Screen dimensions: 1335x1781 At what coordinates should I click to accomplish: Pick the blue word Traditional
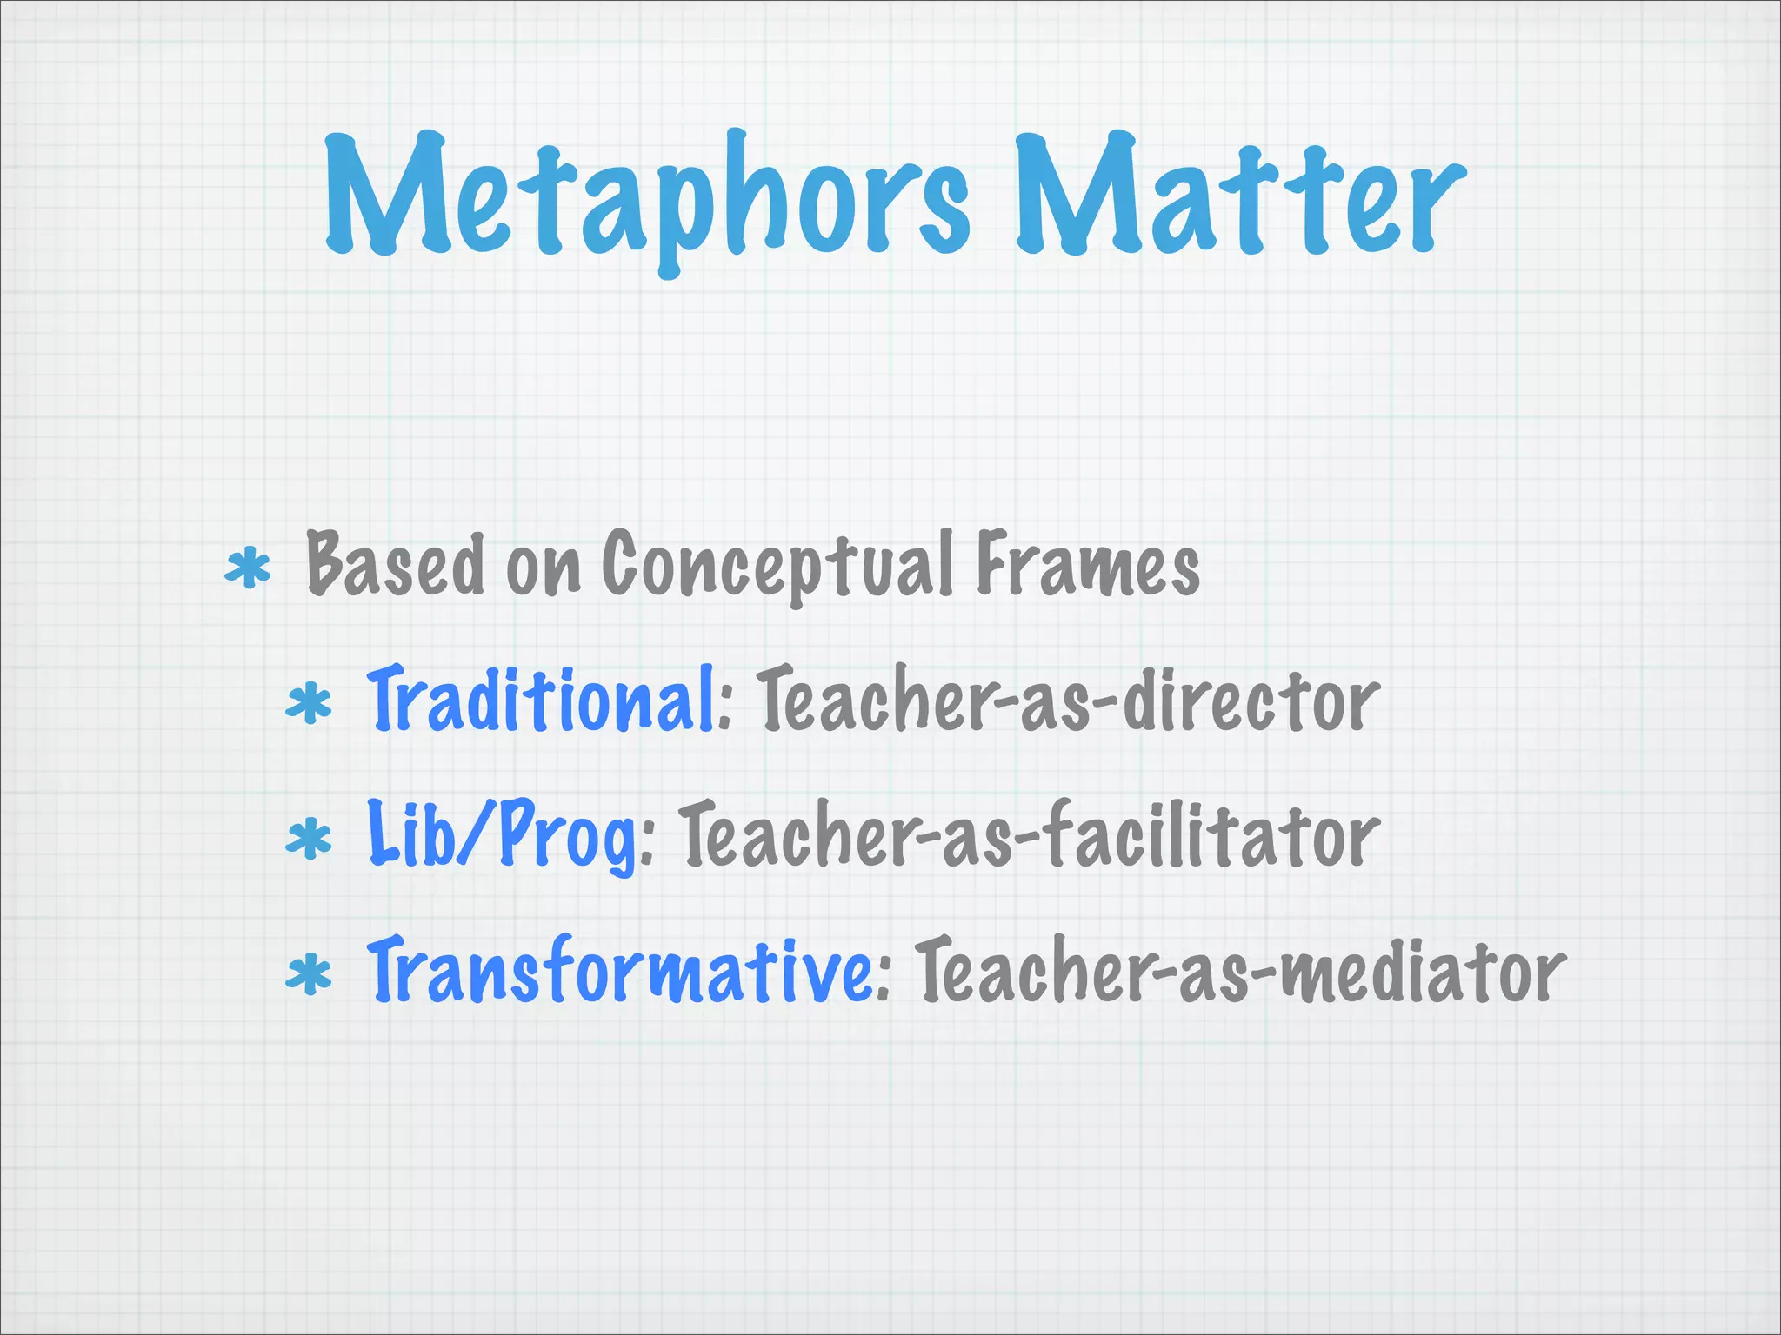click(541, 701)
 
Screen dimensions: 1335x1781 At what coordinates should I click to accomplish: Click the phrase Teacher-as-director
click(1069, 701)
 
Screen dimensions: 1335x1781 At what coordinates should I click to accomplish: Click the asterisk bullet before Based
click(248, 568)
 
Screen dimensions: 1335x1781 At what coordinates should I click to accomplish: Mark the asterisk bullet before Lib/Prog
click(309, 840)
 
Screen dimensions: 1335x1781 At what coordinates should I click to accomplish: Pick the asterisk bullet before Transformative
click(309, 975)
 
